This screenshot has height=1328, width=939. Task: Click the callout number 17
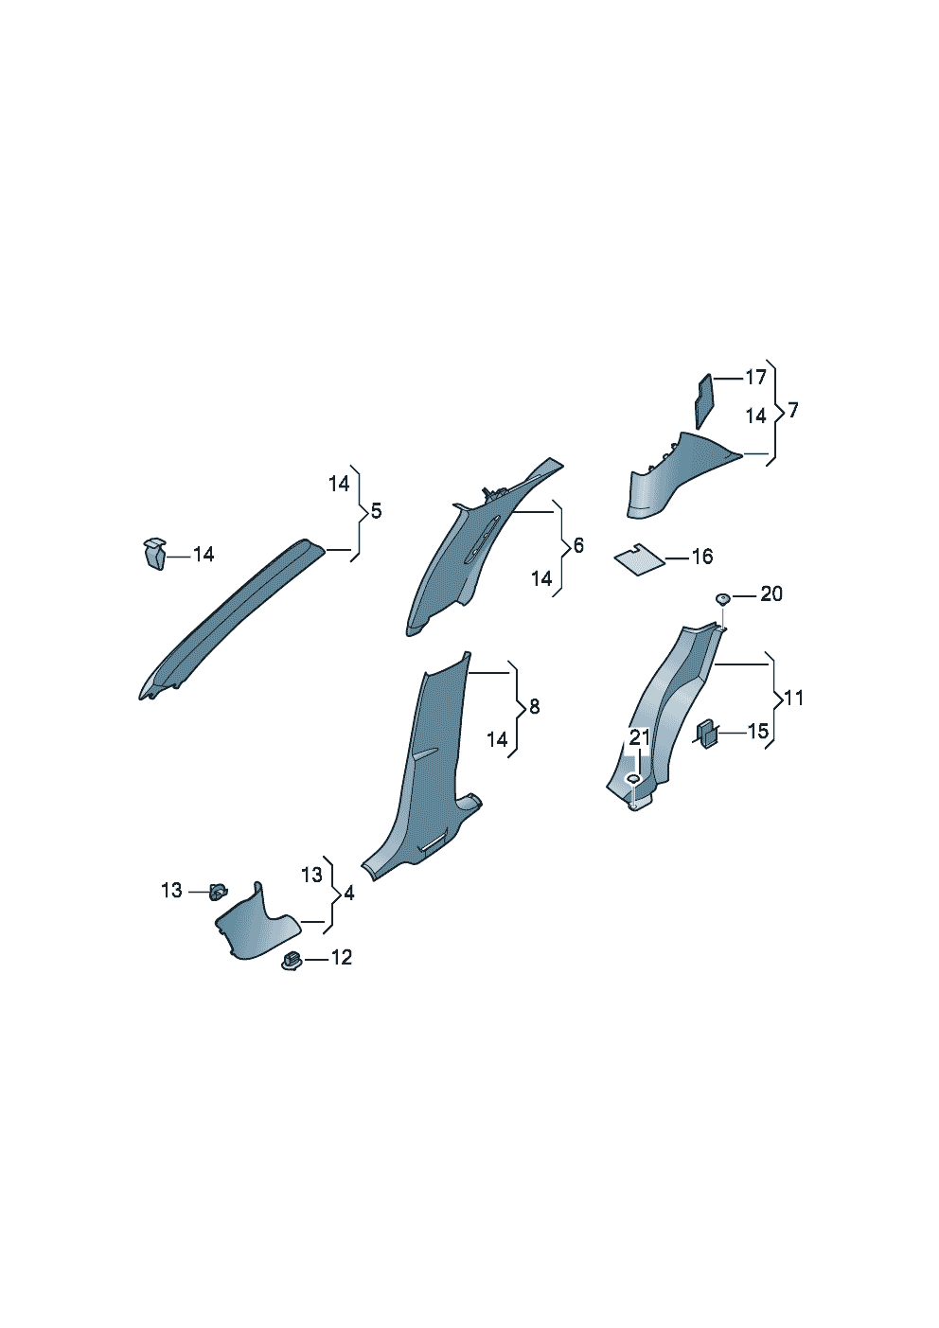coord(755,377)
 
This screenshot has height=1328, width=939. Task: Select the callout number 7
coord(793,410)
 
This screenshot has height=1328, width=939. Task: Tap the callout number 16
coord(701,557)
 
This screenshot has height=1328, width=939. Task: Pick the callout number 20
coord(771,593)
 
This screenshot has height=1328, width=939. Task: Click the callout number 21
coord(640,737)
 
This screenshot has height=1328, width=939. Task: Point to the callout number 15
coord(757,731)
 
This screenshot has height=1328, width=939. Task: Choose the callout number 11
coord(792,698)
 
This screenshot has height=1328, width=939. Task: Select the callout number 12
coord(341,957)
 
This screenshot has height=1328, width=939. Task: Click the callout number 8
coord(534,706)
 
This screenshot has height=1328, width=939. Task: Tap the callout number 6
coord(578,545)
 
